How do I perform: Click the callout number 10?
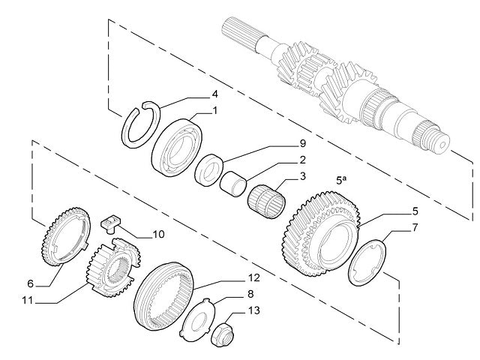[157, 234]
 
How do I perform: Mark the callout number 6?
[31, 283]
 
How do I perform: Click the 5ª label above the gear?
[342, 179]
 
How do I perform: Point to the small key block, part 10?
[111, 223]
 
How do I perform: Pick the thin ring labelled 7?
[367, 261]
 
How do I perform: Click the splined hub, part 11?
[112, 268]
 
